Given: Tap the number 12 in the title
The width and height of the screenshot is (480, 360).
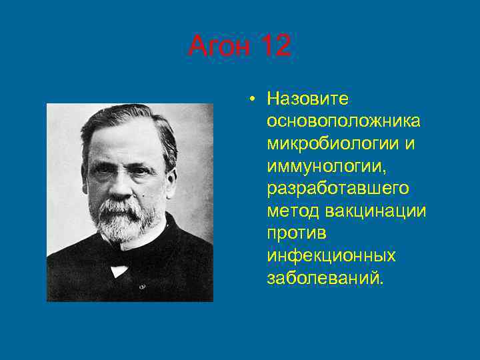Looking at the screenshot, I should (275, 47).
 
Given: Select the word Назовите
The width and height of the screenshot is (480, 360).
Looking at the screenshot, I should (307, 99).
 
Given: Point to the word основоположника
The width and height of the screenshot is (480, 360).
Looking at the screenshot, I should (343, 121).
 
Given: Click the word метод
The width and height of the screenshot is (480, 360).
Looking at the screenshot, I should (293, 211).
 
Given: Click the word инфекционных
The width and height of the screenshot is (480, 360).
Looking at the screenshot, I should (331, 255).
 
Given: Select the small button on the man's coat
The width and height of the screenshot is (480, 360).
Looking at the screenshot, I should (142, 287).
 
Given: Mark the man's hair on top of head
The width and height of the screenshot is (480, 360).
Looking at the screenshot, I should (130, 117).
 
